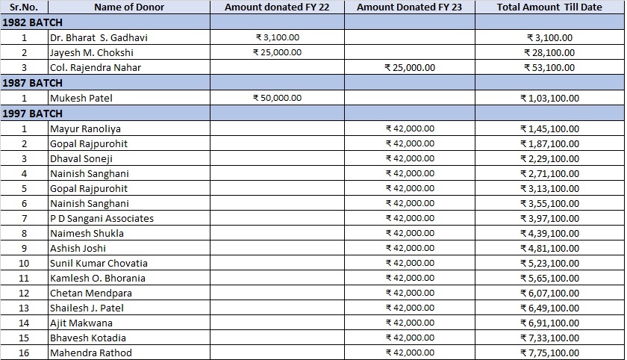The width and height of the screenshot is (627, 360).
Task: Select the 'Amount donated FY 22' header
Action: [x=277, y=7]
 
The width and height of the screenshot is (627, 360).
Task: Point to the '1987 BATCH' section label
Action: [x=33, y=83]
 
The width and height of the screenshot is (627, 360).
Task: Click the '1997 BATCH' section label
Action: [x=33, y=113]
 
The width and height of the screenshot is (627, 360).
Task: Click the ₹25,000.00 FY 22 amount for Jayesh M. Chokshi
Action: [x=278, y=52]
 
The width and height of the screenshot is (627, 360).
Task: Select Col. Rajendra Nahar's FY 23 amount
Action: [x=410, y=67]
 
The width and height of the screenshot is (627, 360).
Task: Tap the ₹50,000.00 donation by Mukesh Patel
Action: [x=278, y=98]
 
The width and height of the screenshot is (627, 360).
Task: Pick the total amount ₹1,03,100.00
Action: [x=549, y=98]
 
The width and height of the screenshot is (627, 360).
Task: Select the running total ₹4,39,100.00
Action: [x=549, y=233]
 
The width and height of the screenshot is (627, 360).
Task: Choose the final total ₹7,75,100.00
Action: [x=549, y=353]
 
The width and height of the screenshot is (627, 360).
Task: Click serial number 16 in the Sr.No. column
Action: [x=24, y=353]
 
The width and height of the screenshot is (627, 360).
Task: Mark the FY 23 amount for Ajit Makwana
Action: [x=410, y=323]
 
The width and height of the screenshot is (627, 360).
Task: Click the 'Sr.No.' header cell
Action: [x=24, y=7]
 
